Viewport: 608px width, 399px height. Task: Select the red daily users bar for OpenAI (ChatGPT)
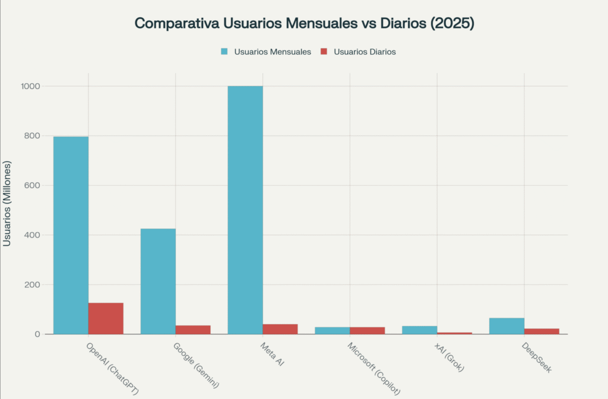106,318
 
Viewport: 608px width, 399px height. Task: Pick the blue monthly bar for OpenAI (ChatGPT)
71,235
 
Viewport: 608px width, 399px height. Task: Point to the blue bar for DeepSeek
506,326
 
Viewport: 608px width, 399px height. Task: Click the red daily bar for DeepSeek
541,331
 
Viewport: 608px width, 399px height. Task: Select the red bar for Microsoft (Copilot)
367,330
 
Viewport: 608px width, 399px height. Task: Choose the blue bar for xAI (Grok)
419,330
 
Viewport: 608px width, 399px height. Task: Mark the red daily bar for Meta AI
280,329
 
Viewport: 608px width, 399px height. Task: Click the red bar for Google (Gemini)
193,330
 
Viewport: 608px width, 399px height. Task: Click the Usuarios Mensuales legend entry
265,52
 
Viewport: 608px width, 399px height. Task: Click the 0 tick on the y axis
37,334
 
